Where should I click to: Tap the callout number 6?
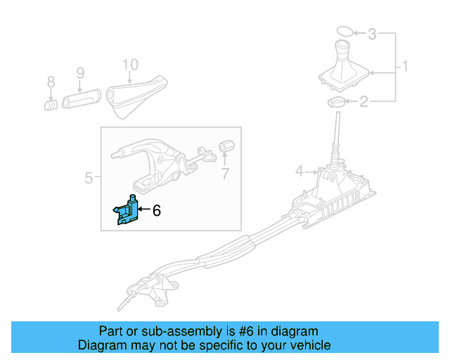pos(157,210)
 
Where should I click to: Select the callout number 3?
pos(373,34)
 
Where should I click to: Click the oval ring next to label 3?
pos(343,32)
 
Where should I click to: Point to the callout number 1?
pos(405,68)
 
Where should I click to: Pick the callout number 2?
pos(364,103)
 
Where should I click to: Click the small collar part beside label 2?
pos(337,104)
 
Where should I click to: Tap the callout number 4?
pos(299,170)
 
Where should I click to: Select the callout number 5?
pos(89,178)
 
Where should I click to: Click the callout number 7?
pos(225,173)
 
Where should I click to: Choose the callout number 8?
pos(51,83)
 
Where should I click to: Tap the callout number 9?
pos(80,73)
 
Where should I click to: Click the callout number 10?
pos(130,65)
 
